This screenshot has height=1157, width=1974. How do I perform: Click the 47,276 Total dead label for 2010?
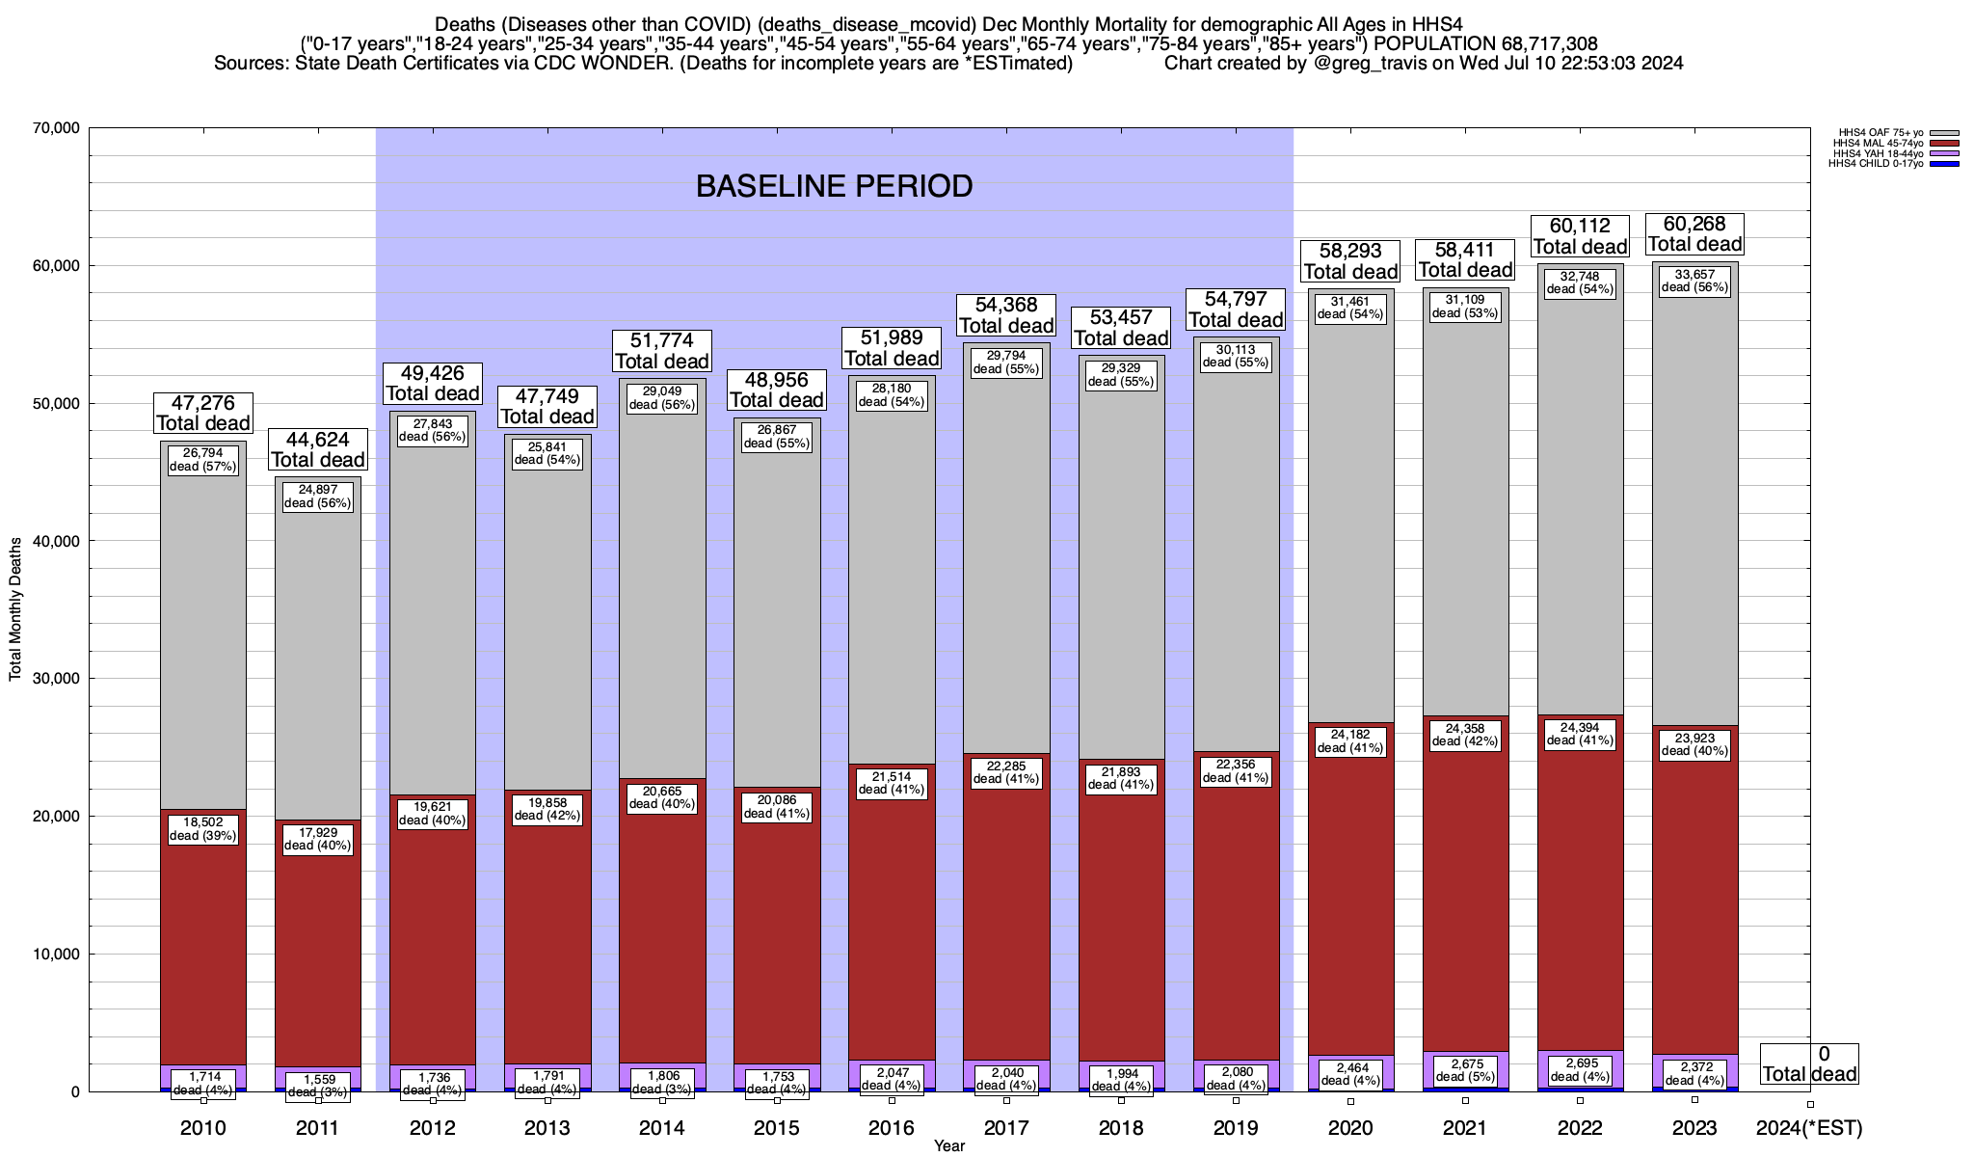point(203,413)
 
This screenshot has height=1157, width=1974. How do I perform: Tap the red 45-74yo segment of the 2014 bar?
point(662,926)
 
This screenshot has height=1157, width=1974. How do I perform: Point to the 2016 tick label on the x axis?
point(892,1128)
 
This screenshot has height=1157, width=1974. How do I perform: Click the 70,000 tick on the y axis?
point(56,128)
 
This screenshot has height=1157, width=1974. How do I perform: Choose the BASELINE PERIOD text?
point(834,186)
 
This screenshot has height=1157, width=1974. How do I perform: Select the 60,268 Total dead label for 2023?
point(1694,234)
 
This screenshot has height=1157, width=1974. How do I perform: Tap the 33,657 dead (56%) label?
point(1694,281)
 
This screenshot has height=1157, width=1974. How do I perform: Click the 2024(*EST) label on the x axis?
point(1809,1128)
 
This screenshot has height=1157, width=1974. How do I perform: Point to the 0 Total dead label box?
point(1809,1064)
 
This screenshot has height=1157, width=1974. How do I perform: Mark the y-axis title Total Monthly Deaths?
point(15,609)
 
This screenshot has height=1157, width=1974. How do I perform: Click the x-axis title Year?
point(948,1146)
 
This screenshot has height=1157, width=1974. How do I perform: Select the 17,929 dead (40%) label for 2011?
point(318,839)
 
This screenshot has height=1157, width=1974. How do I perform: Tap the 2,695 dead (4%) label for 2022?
point(1580,1070)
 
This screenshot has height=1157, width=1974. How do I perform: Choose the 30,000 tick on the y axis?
point(56,679)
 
